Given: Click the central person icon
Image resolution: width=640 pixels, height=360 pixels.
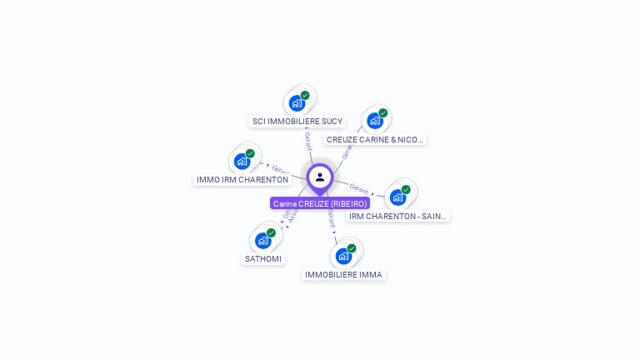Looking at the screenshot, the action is pyautogui.click(x=320, y=177).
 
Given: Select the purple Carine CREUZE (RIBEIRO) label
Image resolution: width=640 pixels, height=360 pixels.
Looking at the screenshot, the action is pyautogui.click(x=320, y=203).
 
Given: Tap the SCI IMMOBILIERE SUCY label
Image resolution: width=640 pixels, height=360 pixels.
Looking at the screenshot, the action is pyautogui.click(x=297, y=122).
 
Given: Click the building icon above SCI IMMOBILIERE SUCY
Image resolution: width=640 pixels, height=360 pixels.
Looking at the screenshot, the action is pyautogui.click(x=297, y=103).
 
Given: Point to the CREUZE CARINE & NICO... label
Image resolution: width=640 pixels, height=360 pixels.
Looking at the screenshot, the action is pyautogui.click(x=375, y=140).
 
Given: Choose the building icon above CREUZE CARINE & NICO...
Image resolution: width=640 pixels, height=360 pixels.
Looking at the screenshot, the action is pyautogui.click(x=375, y=121).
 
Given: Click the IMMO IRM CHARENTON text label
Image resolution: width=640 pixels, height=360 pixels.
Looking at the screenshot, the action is pyautogui.click(x=242, y=180).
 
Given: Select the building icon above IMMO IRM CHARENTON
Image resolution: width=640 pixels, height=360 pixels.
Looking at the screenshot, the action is pyautogui.click(x=242, y=161).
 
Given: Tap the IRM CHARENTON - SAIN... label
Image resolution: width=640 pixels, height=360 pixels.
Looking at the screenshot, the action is pyautogui.click(x=397, y=217).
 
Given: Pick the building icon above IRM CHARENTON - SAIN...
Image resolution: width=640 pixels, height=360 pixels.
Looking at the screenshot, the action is pyautogui.click(x=397, y=197).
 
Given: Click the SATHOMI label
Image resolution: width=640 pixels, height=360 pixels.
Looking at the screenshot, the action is pyautogui.click(x=263, y=259).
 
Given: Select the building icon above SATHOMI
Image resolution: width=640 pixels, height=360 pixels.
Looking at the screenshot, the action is pyautogui.click(x=263, y=241).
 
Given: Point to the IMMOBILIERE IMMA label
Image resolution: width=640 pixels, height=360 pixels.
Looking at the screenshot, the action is pyautogui.click(x=343, y=275).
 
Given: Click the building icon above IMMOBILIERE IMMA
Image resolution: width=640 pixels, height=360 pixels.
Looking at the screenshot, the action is pyautogui.click(x=343, y=256).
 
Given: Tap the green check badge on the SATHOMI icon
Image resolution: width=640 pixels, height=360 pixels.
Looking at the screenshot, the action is pyautogui.click(x=271, y=233).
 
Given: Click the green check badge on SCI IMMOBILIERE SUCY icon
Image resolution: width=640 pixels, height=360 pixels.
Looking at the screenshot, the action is pyautogui.click(x=305, y=96).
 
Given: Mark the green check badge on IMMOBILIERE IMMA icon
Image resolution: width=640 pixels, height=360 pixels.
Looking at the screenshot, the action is pyautogui.click(x=352, y=248).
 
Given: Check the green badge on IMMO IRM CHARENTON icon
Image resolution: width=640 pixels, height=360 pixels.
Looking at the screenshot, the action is pyautogui.click(x=250, y=153).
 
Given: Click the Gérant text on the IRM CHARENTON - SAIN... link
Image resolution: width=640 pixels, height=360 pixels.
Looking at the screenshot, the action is pyautogui.click(x=359, y=188).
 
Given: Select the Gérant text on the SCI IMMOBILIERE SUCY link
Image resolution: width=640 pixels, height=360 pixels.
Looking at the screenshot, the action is pyautogui.click(x=307, y=139).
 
